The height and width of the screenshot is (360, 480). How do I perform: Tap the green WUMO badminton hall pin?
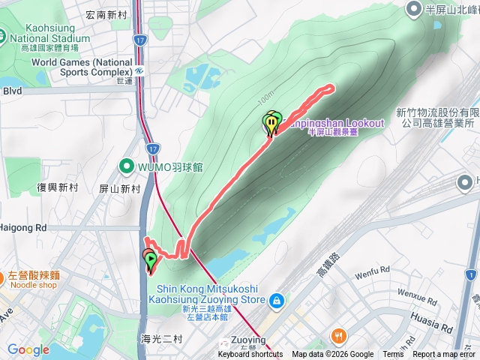coord(127,166)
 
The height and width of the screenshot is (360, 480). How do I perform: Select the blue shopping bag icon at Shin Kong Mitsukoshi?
coord(277,300)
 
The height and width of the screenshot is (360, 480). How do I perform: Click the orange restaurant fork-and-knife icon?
coord(340,335)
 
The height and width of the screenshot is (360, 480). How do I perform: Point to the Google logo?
coord(28,349)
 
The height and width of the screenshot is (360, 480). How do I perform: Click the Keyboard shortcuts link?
coord(250,355)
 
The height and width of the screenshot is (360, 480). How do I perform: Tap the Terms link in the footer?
coord(393,355)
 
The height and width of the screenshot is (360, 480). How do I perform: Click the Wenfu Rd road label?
coord(373,268)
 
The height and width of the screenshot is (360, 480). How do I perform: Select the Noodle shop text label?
coord(32,285)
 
